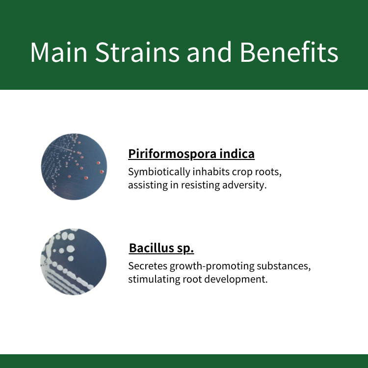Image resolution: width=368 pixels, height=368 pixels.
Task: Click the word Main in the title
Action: click(x=59, y=52)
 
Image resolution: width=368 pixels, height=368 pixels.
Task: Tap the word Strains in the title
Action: click(x=137, y=52)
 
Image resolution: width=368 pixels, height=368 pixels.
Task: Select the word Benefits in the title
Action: click(x=289, y=52)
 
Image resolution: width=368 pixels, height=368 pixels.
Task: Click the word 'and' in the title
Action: click(x=209, y=52)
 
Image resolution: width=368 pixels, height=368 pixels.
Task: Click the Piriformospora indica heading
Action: click(x=191, y=154)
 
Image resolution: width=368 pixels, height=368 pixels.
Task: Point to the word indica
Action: click(x=237, y=154)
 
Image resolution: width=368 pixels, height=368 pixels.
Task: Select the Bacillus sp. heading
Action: click(x=161, y=248)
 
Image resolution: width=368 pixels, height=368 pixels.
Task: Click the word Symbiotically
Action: click(x=159, y=172)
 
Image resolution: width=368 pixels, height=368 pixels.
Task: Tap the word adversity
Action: click(x=244, y=185)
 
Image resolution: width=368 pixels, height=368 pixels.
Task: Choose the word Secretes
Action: click(x=148, y=266)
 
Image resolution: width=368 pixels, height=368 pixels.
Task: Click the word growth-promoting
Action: click(x=212, y=266)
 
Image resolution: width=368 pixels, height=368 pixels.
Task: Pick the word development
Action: click(x=236, y=280)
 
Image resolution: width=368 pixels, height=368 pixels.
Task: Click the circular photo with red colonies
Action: click(x=74, y=167)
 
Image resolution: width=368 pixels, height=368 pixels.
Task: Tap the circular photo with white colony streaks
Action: click(x=74, y=262)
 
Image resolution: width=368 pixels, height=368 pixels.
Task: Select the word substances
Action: click(x=284, y=266)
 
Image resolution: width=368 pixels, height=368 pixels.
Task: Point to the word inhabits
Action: click(x=211, y=172)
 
